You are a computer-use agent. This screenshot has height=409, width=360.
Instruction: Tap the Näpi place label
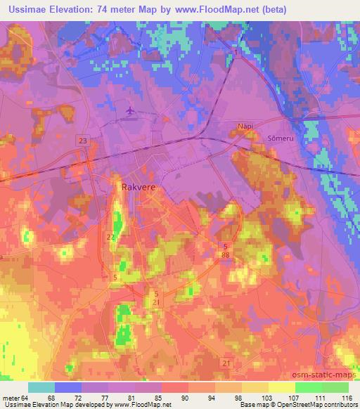click(245, 126)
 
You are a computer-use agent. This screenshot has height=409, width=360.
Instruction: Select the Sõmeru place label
click(272, 138)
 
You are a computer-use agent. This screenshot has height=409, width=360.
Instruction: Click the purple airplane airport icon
click(130, 110)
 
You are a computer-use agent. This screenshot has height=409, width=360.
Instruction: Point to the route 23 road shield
click(84, 141)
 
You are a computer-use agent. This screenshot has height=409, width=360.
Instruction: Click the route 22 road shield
click(111, 237)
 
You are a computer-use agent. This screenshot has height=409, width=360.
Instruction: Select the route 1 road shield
click(237, 52)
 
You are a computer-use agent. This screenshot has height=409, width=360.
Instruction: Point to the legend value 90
click(185, 397)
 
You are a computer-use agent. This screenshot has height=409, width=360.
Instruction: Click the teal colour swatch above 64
click(41, 387)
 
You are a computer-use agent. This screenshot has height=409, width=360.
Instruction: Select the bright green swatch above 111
click(309, 387)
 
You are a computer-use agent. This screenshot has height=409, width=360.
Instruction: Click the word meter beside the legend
click(11, 397)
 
